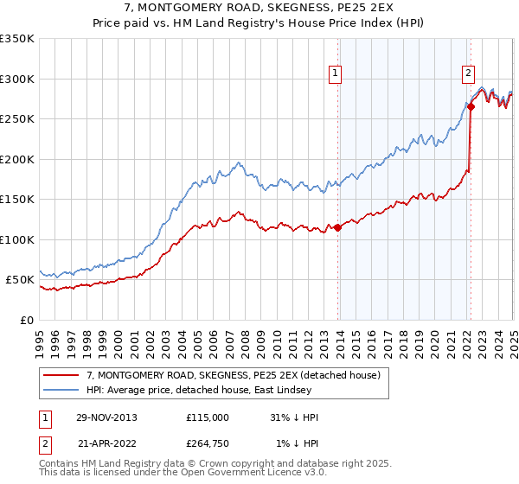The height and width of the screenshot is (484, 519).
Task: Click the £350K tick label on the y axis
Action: point(17,39)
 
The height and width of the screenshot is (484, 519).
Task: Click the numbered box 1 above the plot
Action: point(335,73)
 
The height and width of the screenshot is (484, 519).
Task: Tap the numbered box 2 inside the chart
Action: point(468,73)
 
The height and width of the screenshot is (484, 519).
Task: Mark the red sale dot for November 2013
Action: point(337,227)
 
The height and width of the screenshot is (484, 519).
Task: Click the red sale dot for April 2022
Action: point(471,107)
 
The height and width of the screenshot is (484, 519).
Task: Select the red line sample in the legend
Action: point(61,375)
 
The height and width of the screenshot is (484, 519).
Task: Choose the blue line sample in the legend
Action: point(61,390)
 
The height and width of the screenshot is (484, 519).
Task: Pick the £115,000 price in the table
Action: point(207,417)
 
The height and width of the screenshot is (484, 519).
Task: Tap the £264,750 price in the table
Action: point(207,443)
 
